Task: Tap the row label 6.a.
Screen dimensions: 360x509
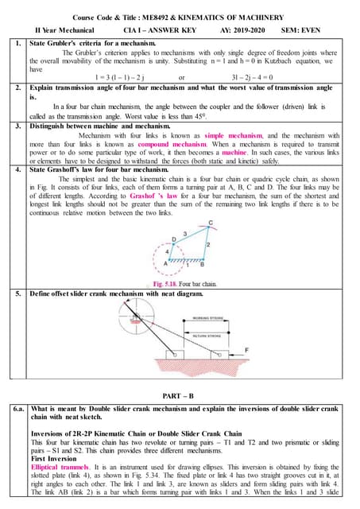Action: coord(17,408)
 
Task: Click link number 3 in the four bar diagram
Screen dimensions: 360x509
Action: coord(186,233)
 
